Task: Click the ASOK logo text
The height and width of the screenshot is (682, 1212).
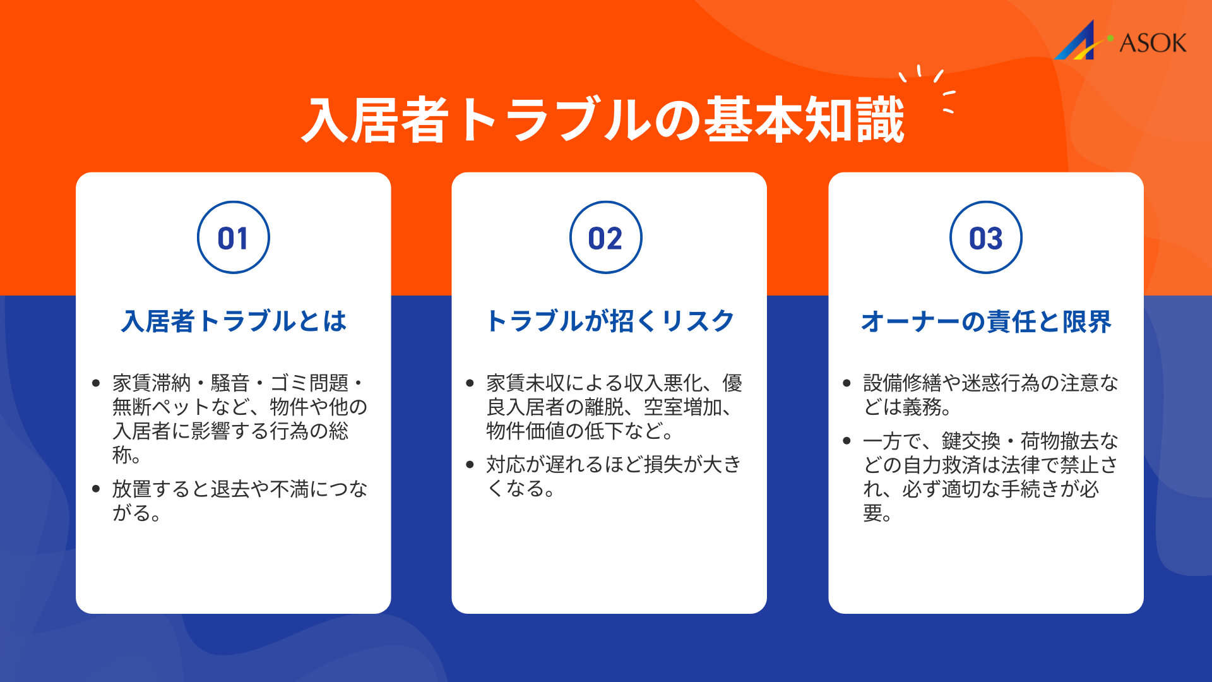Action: [1153, 43]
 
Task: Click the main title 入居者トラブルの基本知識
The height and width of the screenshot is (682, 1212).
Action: [603, 120]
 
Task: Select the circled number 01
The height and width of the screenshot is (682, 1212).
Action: [233, 237]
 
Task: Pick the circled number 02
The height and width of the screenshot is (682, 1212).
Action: [605, 237]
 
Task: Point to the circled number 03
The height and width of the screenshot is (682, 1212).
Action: [985, 237]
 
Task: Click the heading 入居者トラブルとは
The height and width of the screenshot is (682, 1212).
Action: [234, 321]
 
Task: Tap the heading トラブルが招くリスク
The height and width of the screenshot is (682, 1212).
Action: [610, 321]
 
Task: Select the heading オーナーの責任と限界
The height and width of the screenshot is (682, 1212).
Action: [985, 321]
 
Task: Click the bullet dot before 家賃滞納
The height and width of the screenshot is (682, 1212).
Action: [96, 383]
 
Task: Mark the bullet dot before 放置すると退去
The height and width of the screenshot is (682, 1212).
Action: [96, 489]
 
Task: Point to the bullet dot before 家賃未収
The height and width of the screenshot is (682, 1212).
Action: [470, 383]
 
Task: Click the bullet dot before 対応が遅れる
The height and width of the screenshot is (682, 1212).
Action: [470, 465]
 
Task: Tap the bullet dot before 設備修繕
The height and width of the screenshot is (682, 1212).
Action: [847, 383]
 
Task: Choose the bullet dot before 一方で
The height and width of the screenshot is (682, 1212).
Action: [847, 441]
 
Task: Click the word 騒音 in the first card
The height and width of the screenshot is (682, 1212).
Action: [230, 383]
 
